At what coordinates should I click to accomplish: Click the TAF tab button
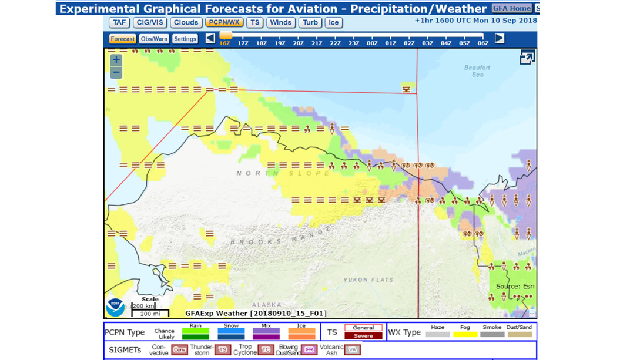(x=119, y=22)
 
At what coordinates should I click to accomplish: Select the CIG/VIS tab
(x=150, y=22)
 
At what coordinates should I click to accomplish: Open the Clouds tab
(x=186, y=22)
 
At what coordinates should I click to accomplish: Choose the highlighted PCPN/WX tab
(x=224, y=22)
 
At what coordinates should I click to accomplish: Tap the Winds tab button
(x=280, y=22)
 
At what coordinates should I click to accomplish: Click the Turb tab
(x=310, y=22)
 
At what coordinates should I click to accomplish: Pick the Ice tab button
(x=333, y=22)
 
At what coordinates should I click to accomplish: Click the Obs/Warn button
(x=154, y=39)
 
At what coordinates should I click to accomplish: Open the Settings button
(x=185, y=39)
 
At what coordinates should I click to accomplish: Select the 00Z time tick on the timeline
(x=372, y=43)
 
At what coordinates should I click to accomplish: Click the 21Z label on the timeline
(x=317, y=43)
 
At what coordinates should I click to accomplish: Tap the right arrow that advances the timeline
(x=500, y=38)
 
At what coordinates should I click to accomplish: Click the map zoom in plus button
(x=116, y=60)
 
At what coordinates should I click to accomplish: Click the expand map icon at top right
(x=527, y=58)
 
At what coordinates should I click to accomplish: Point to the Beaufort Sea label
(x=477, y=71)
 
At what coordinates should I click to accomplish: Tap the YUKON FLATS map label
(x=368, y=280)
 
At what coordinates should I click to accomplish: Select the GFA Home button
(x=511, y=8)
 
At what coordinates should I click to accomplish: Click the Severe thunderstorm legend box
(x=363, y=336)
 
